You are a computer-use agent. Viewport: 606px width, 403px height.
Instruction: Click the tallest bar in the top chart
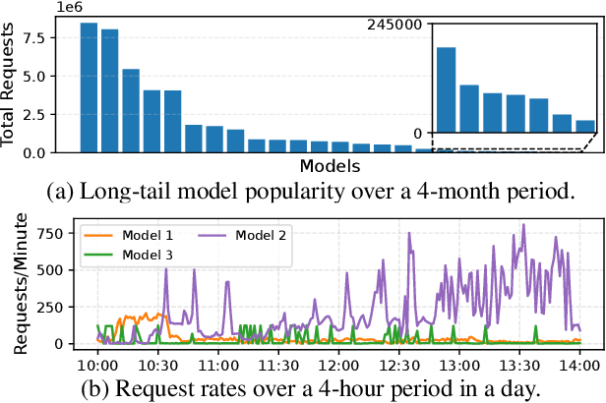pyautogui.click(x=89, y=87)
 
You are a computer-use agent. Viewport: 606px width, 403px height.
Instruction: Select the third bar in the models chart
pyautogui.click(x=130, y=110)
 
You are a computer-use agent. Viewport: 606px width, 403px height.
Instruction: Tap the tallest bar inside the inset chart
pyautogui.click(x=445, y=89)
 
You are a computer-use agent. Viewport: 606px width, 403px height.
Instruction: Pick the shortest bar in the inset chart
pyautogui.click(x=585, y=126)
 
